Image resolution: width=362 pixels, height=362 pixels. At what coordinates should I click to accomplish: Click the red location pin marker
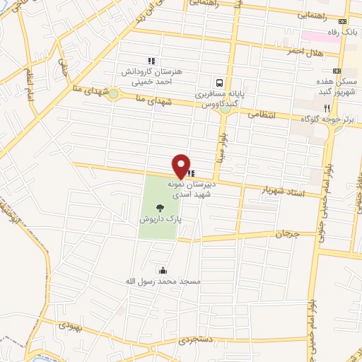pyautogui.click(x=182, y=166)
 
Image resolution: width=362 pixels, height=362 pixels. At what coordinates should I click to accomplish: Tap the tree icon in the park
pyautogui.click(x=160, y=208)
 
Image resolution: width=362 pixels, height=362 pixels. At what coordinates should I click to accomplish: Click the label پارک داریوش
pyautogui.click(x=160, y=220)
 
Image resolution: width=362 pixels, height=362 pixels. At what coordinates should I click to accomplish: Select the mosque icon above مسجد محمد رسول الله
pyautogui.click(x=164, y=270)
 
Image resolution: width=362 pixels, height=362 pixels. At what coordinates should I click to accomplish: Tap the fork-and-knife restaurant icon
pyautogui.click(x=327, y=107)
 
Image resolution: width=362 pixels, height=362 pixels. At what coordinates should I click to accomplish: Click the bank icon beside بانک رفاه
pyautogui.click(x=343, y=21)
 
